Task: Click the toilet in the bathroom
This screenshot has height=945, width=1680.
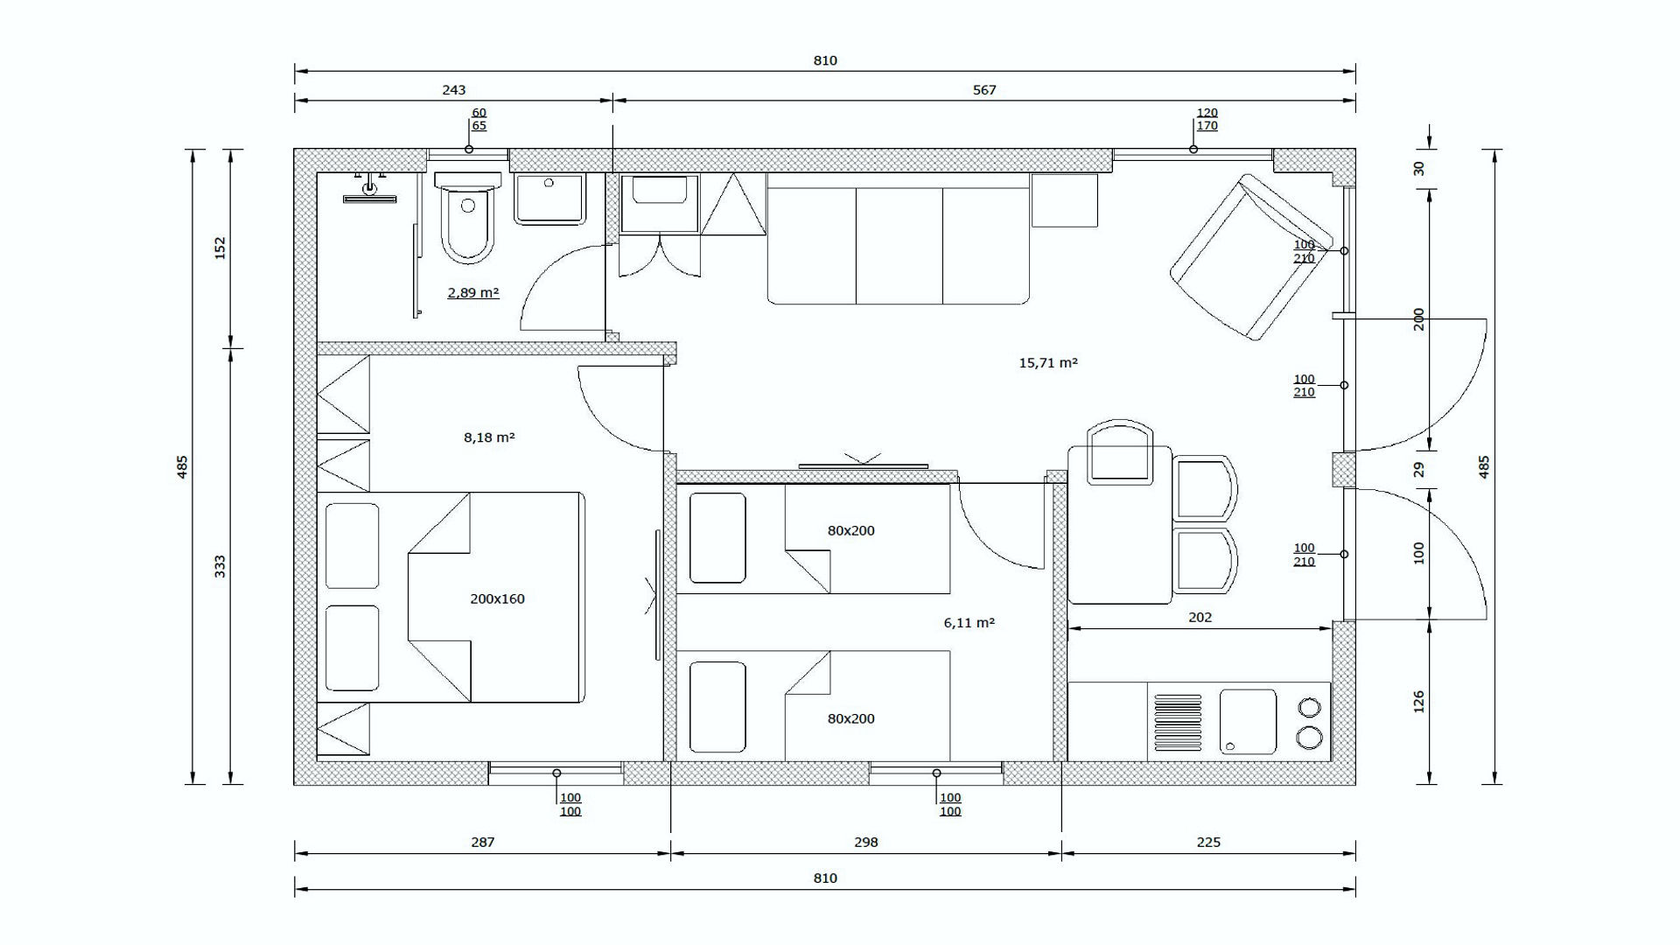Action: click(468, 217)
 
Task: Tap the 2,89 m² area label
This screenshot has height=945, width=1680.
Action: click(473, 292)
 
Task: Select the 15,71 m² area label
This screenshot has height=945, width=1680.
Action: click(1048, 362)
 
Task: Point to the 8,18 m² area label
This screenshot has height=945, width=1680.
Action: click(489, 437)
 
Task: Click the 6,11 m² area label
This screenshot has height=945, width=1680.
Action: click(969, 623)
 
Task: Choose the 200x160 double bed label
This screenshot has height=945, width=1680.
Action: click(497, 598)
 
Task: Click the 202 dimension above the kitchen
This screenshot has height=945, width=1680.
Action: click(1200, 617)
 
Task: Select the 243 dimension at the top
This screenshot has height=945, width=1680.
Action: click(454, 89)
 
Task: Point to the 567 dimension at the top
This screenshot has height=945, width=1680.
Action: click(984, 89)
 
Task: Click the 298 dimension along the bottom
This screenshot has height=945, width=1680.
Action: click(865, 842)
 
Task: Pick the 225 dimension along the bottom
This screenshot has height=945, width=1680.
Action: click(1208, 842)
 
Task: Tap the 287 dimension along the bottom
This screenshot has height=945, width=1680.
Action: click(483, 842)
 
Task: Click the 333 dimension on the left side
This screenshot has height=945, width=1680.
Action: click(220, 566)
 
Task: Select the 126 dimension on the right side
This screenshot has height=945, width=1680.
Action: click(1419, 702)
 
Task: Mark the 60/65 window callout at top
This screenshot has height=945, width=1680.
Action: click(479, 119)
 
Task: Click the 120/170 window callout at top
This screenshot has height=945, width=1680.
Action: click(1207, 119)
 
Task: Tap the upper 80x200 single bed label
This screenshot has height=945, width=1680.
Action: click(851, 530)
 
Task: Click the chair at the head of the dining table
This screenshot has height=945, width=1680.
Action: click(1119, 451)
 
